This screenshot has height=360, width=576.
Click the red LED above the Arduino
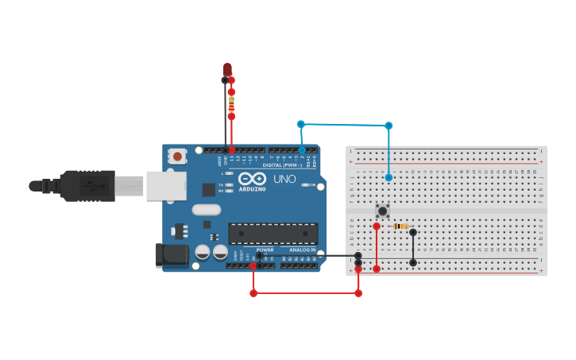click(x=227, y=71)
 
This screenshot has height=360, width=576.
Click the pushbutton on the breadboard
click(x=382, y=211)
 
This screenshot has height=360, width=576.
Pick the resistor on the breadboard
click(x=400, y=226)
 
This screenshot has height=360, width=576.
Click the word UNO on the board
click(x=284, y=179)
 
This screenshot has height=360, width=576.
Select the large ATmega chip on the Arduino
click(x=273, y=233)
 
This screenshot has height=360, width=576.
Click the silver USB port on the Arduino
click(x=167, y=186)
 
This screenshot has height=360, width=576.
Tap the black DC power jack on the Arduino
click(x=170, y=254)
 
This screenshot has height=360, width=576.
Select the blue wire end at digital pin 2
click(x=302, y=149)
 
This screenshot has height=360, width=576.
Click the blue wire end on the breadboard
click(x=389, y=177)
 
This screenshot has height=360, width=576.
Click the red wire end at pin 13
click(x=231, y=149)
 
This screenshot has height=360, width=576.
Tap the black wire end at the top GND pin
click(x=225, y=149)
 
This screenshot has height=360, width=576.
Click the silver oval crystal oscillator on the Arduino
click(x=206, y=210)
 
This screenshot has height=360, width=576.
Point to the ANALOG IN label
click(x=301, y=250)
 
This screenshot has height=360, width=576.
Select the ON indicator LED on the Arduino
click(x=305, y=185)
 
